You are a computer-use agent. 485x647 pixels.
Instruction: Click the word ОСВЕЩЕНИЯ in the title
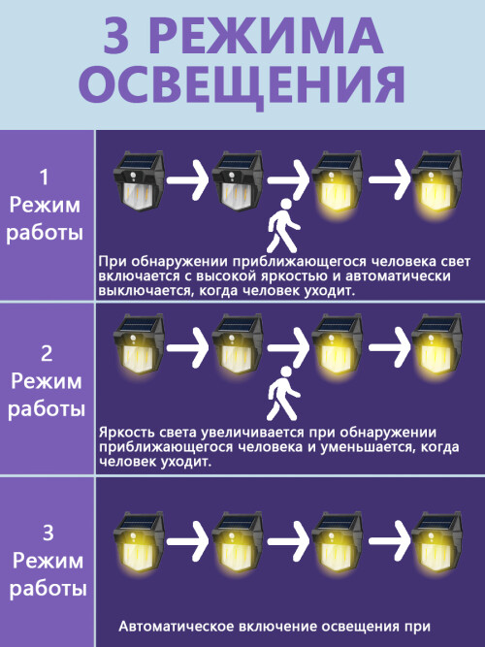242,85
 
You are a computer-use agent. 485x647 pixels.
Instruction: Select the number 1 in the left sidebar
45,178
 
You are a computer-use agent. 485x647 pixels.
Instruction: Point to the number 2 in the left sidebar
47,354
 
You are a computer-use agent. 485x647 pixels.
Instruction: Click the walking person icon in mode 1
283,226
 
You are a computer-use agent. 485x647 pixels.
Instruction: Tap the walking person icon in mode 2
283,393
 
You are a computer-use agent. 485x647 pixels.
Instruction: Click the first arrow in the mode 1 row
188,180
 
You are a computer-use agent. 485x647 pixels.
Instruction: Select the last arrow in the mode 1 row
389,179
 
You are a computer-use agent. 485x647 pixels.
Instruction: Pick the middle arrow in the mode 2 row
288,348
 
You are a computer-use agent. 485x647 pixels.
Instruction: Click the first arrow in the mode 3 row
188,540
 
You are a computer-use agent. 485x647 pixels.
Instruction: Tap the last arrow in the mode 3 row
389,540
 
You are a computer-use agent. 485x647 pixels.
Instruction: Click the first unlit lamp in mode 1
139,180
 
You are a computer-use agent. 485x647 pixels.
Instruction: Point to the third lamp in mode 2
338,345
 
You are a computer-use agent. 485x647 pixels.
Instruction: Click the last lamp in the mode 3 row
436,542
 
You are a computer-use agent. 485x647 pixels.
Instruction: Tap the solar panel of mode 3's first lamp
139,521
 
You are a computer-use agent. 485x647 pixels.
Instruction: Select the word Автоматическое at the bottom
176,627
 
